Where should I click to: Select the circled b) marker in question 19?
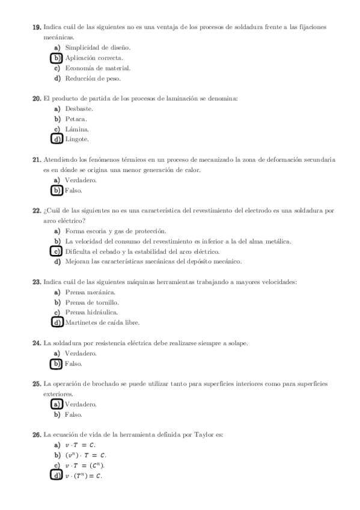coord(57,58)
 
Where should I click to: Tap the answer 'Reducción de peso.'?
coord(93,78)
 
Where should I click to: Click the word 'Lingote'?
coord(77,140)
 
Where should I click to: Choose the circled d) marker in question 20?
coord(57,140)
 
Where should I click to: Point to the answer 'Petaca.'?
coord(76,119)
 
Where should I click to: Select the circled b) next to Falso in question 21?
coord(57,191)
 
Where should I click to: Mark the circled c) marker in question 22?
coord(57,251)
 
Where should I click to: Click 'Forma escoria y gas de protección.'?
coord(115,231)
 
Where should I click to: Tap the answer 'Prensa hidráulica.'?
coord(91,312)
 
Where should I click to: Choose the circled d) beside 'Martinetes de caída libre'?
coord(57,322)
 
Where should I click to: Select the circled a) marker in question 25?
coord(57,404)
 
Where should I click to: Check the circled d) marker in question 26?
coord(57,476)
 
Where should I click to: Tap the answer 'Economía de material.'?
coord(98,68)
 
